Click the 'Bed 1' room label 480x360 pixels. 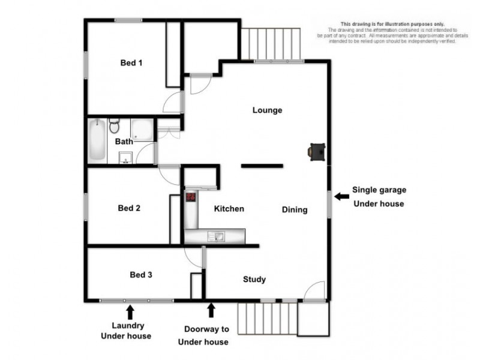point(131,62)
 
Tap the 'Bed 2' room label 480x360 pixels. point(129,208)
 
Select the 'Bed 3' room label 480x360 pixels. point(141,275)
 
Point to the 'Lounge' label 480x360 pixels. point(267,110)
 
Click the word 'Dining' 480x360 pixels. point(295,209)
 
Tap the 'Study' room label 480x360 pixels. point(254,279)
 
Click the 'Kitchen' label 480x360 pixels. point(229,209)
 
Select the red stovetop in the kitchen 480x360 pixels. point(191,196)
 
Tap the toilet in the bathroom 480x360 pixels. point(115,127)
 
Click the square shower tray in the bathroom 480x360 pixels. point(142,130)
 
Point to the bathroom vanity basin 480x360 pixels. point(125,158)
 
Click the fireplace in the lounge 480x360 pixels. point(317,152)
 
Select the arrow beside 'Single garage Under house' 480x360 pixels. point(341,196)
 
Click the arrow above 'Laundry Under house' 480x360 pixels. point(130,311)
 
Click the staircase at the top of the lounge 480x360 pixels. point(270,43)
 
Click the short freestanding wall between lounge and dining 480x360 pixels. point(262,165)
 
